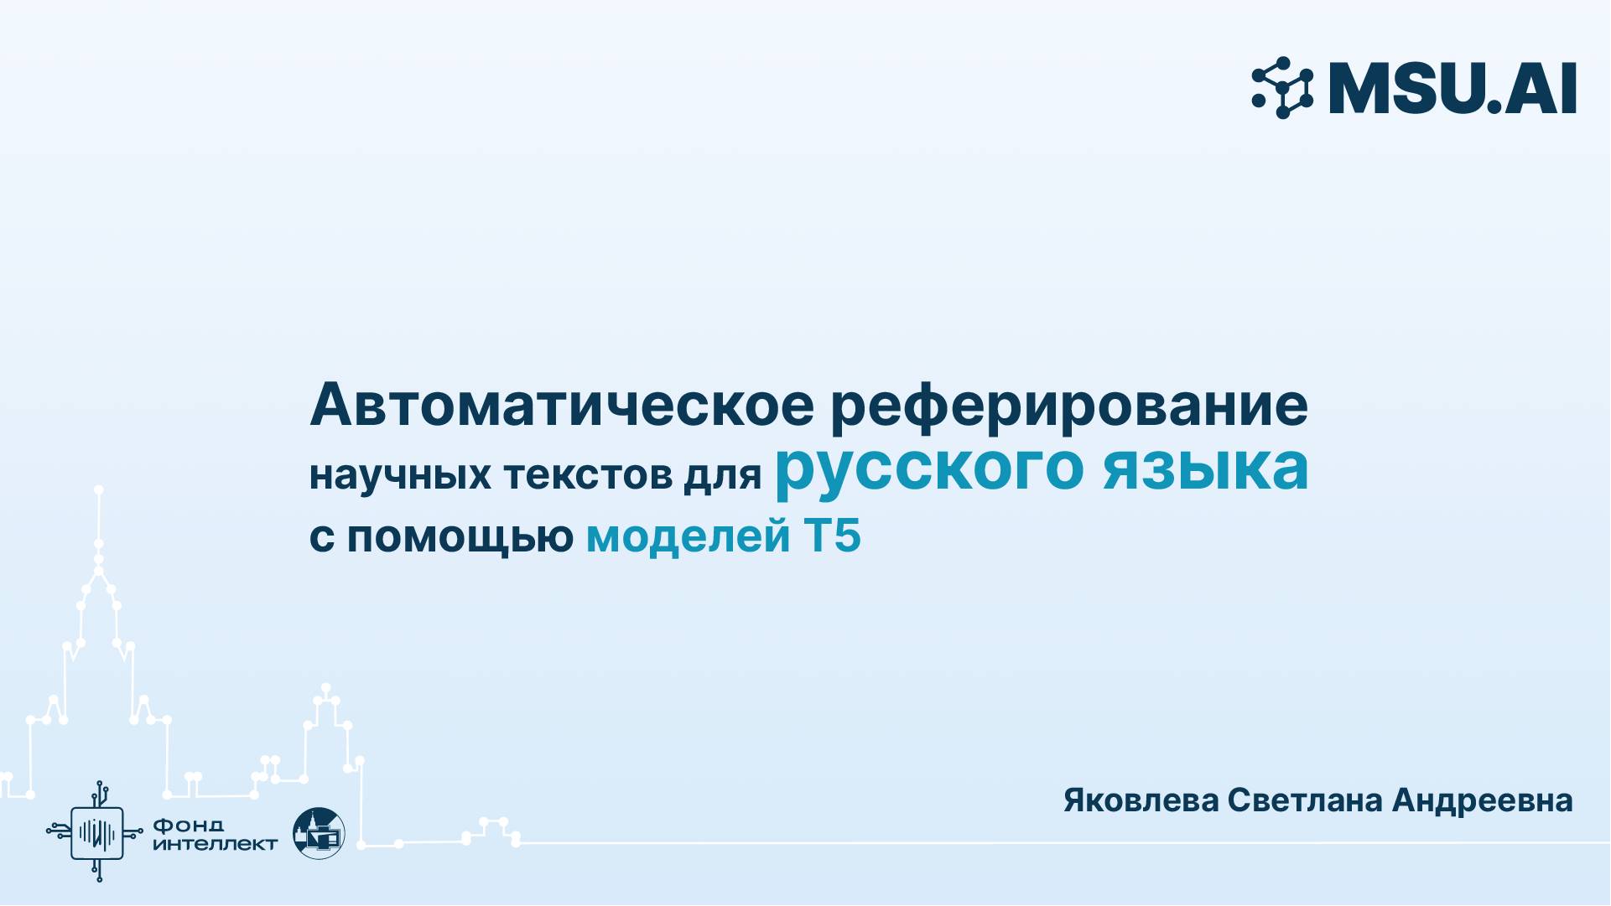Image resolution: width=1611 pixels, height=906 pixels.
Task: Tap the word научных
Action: click(400, 475)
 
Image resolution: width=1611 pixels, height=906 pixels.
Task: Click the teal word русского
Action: click(928, 469)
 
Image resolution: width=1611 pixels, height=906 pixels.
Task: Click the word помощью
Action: click(460, 536)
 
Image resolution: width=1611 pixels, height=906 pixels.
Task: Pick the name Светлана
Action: click(1304, 800)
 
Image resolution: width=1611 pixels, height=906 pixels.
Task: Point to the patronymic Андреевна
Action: click(1482, 800)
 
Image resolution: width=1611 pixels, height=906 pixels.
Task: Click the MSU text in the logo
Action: click(1408, 88)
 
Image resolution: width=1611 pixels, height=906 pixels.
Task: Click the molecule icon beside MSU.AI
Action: click(1282, 87)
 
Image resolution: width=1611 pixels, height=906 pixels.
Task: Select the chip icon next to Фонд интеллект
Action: click(97, 832)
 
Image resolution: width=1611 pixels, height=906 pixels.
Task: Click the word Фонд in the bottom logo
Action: click(188, 826)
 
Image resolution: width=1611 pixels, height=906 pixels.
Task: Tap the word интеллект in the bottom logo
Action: click(215, 844)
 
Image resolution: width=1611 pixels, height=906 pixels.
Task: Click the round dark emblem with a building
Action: click(319, 833)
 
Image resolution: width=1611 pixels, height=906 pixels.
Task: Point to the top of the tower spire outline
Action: click(99, 489)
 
